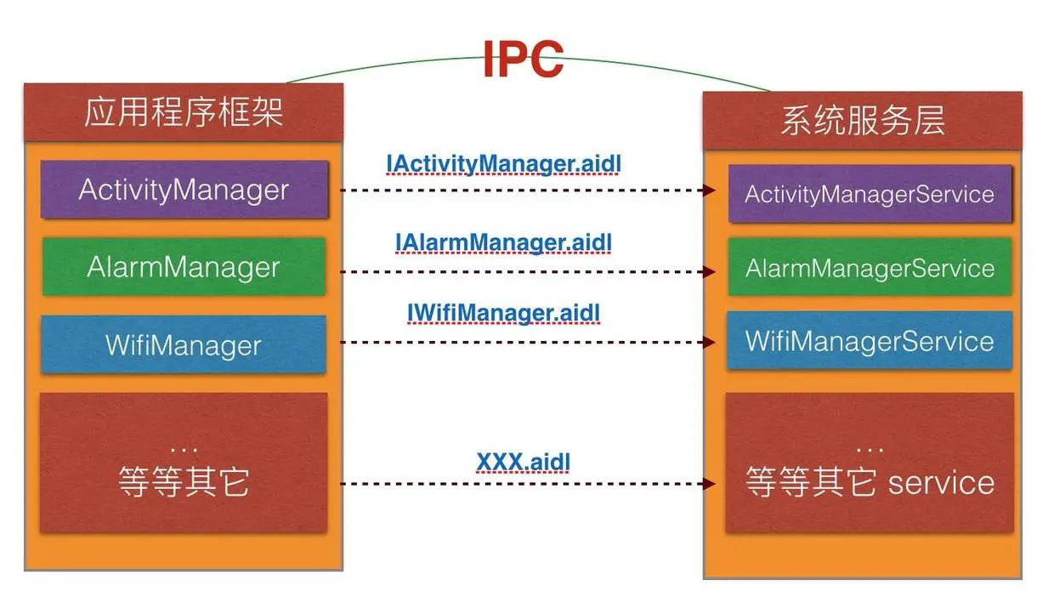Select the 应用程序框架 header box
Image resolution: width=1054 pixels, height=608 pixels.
[x=184, y=112]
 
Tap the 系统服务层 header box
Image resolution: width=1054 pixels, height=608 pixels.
[x=862, y=120]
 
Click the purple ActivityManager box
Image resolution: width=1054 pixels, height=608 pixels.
[x=184, y=189]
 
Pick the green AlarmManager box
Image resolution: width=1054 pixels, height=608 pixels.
[x=184, y=267]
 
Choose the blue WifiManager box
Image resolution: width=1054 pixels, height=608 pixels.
[x=184, y=344]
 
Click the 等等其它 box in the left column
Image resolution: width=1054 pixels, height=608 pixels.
[x=184, y=463]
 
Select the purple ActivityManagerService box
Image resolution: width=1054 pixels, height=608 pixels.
[x=869, y=194]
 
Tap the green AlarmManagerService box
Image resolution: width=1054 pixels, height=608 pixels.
[x=869, y=268]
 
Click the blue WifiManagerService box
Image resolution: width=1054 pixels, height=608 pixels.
[x=869, y=341]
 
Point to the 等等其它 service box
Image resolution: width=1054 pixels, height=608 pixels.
[x=869, y=463]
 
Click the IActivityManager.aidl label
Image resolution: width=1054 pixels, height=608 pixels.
[x=501, y=162]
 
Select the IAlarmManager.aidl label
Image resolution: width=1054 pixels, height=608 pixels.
[x=503, y=242]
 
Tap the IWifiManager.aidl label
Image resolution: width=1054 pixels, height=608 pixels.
[x=503, y=313]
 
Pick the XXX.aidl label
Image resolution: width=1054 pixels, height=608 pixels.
[x=523, y=462]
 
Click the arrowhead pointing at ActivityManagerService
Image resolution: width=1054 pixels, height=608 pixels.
[x=709, y=190]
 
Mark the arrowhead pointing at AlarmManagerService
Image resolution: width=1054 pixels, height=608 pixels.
[x=709, y=272]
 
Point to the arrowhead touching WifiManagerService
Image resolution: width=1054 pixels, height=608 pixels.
[x=709, y=342]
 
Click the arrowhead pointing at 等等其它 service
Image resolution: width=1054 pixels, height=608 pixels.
[x=709, y=484]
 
